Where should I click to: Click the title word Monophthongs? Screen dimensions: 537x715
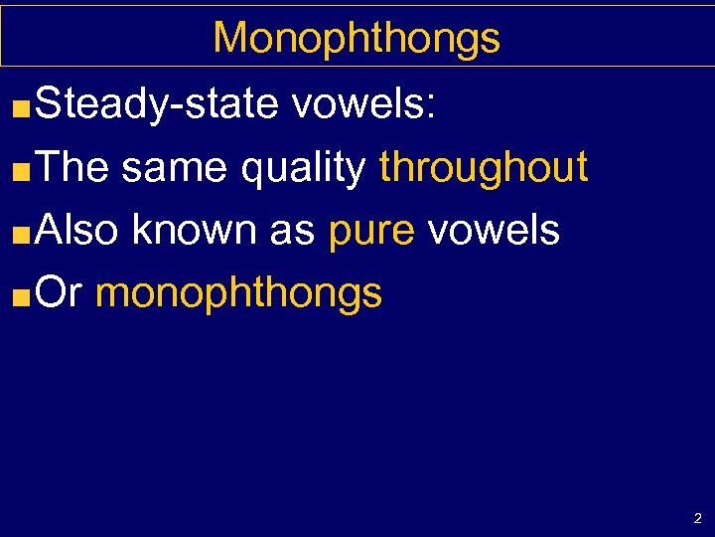pos(357,39)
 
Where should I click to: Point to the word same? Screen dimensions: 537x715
pos(175,168)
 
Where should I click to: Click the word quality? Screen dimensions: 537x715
pos(302,168)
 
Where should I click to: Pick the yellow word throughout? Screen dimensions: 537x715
pos(484,166)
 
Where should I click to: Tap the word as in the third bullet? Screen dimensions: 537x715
pos(290,231)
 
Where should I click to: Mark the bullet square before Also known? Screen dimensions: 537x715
pos(25,234)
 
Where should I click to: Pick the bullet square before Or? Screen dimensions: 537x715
pos(25,296)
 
